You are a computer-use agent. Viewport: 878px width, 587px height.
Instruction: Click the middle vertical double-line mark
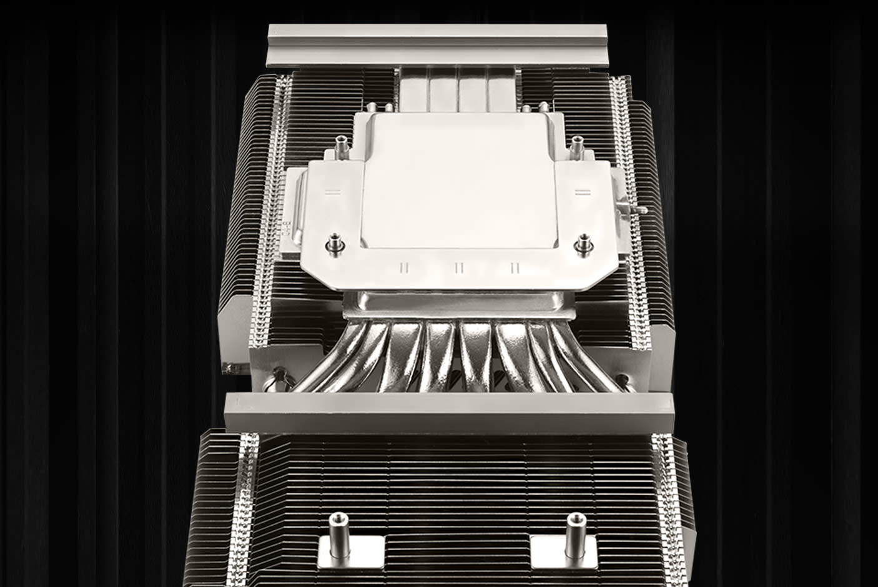[x=459, y=268]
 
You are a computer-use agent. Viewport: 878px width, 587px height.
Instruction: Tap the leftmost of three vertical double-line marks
[x=404, y=268]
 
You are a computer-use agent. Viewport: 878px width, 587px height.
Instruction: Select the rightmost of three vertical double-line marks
[x=515, y=268]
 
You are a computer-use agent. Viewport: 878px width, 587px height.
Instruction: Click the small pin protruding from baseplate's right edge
[x=639, y=210]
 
